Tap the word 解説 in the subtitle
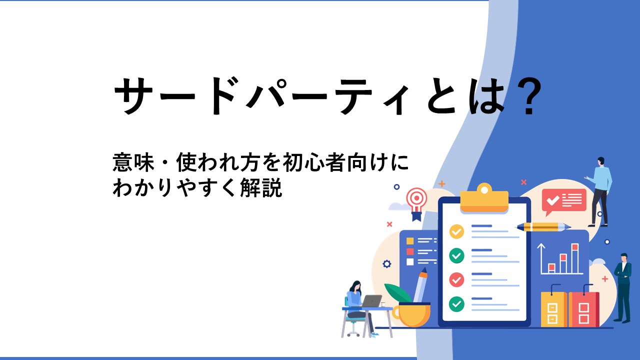[261, 187]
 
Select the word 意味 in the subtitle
[133, 162]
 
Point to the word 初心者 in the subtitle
[313, 162]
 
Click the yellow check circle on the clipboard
[456, 231]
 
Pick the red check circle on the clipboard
[456, 279]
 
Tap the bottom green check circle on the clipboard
[456, 304]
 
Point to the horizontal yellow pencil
[543, 227]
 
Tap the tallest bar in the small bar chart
[575, 258]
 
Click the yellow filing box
[553, 307]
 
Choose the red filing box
[583, 307]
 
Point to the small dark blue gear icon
[387, 264]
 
